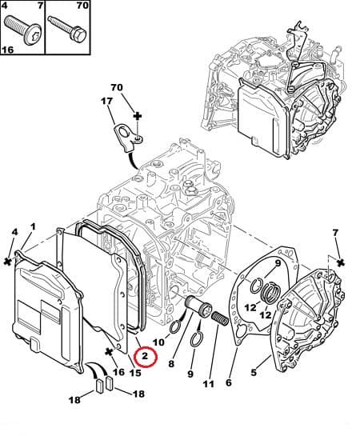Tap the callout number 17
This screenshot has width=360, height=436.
(106, 101)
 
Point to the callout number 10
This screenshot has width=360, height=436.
(158, 342)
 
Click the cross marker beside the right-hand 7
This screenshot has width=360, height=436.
(341, 262)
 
